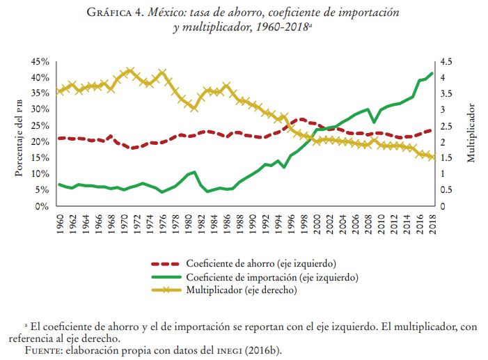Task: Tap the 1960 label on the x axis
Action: [61, 225]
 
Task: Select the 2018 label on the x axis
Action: [432, 225]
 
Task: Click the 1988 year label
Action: [240, 225]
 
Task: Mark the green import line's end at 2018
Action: [432, 73]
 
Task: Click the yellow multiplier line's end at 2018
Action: [432, 157]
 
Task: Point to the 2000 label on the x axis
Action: [317, 225]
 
